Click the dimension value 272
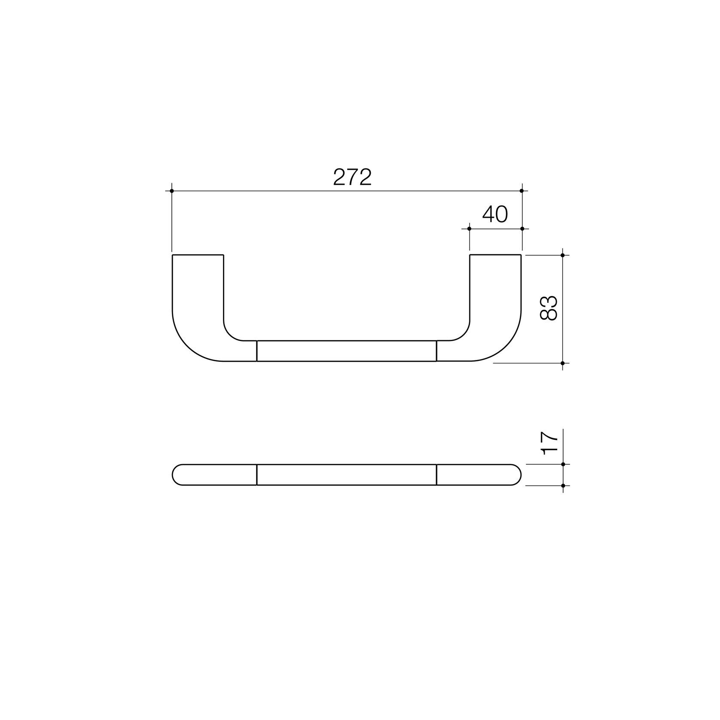click(x=352, y=177)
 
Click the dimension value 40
click(x=495, y=214)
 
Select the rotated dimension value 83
click(x=549, y=308)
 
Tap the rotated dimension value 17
click(x=549, y=443)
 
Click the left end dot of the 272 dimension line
click(x=172, y=191)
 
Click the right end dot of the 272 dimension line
click(x=522, y=191)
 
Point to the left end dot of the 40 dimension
click(x=470, y=229)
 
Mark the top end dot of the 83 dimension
click(x=563, y=255)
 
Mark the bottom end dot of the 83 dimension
click(x=563, y=363)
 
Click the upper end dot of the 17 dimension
click(x=563, y=464)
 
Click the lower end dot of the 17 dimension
click(x=563, y=485)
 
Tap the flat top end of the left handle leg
click(x=198, y=255)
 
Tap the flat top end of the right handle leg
click(x=496, y=255)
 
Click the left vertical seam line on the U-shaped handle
click(x=257, y=351)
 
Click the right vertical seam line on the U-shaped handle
click(x=436, y=351)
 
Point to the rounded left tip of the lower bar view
click(x=173, y=475)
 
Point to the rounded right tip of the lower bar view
click(x=521, y=475)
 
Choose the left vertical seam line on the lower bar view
click(x=257, y=475)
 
